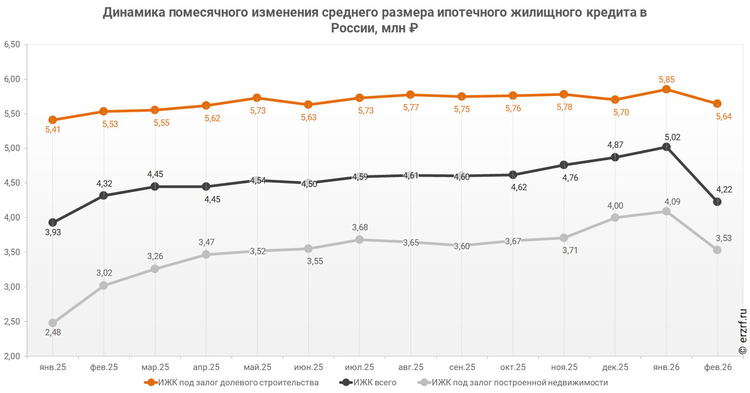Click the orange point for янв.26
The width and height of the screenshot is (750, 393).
[x=666, y=89]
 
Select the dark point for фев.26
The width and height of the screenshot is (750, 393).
[x=717, y=202]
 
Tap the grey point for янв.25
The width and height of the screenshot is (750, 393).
[x=53, y=323]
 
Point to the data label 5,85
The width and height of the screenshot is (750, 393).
[x=666, y=79]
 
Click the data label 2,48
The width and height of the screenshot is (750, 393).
[x=53, y=332]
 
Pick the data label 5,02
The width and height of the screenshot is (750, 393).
[x=672, y=137]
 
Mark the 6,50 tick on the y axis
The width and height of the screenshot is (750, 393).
[x=12, y=44]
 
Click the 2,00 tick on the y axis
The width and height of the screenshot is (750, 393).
[x=12, y=356]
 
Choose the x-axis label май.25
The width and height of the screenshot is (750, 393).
[x=257, y=367]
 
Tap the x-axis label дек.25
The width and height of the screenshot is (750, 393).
[x=615, y=367]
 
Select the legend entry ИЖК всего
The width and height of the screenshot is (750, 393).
[x=368, y=383]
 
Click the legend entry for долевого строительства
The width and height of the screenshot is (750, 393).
[x=231, y=383]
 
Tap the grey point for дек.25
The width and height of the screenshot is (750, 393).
[x=615, y=218]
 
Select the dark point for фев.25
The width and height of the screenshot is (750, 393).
[x=104, y=196]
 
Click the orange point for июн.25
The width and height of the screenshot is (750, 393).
[x=308, y=105]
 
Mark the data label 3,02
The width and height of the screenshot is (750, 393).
[x=104, y=273]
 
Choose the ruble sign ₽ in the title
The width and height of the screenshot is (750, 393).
[x=413, y=28]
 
